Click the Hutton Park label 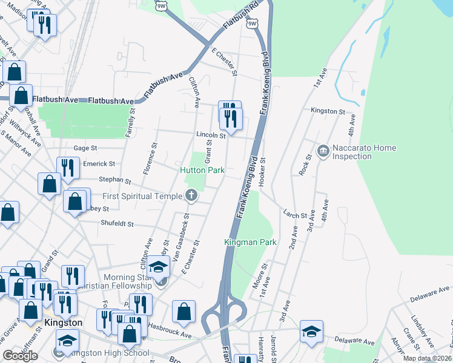(202, 171)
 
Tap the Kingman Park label (250, 242)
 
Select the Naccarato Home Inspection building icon (322, 149)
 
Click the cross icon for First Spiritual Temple (191, 195)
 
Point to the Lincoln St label (210, 136)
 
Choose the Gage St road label (85, 148)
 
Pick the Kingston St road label (328, 112)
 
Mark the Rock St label (306, 165)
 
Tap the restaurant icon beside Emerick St (68, 168)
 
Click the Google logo (20, 356)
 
